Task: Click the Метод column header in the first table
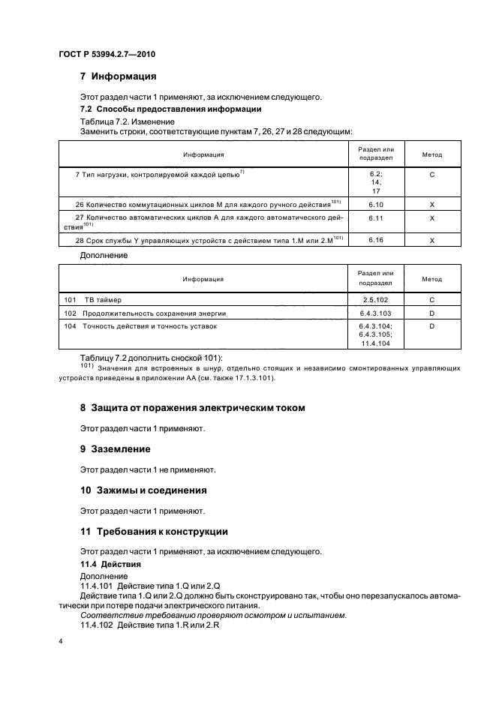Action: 431,155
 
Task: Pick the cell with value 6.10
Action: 376,204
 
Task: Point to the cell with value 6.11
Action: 376,217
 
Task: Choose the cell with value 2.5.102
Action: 376,299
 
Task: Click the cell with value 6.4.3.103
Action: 376,313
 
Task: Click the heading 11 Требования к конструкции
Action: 154,531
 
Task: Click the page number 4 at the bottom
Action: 60,642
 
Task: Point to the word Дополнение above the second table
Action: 104,256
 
